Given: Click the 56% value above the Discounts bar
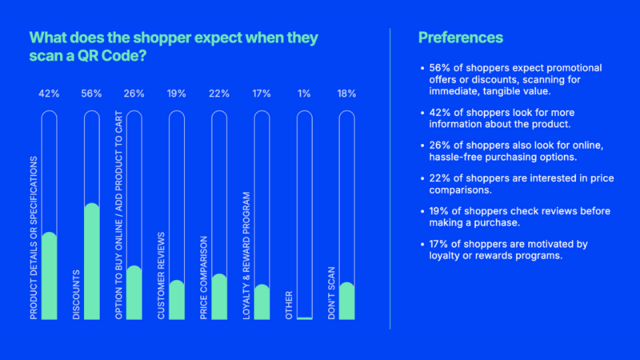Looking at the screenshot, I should pyautogui.click(x=91, y=93).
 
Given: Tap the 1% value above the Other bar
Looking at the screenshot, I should pyautogui.click(x=304, y=93).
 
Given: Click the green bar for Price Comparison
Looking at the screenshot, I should pyautogui.click(x=219, y=297).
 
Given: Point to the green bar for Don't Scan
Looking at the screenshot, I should pyautogui.click(x=346, y=301).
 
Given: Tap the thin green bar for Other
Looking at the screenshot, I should pyautogui.click(x=304, y=318).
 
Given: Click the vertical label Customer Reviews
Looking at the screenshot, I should pyautogui.click(x=161, y=275).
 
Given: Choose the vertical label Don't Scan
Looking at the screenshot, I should pyautogui.click(x=331, y=293).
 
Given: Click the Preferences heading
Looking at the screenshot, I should pyautogui.click(x=460, y=38).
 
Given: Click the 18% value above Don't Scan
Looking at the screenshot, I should pyautogui.click(x=346, y=93).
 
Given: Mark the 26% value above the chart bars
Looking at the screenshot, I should pyautogui.click(x=134, y=93).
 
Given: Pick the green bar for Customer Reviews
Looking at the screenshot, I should pyautogui.click(x=176, y=300).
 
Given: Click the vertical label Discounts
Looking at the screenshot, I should pyautogui.click(x=76, y=295).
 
